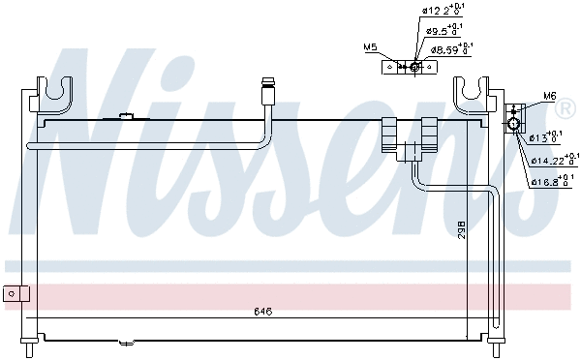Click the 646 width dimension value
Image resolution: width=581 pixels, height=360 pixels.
[x=262, y=312]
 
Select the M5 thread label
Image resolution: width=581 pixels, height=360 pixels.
[x=369, y=46]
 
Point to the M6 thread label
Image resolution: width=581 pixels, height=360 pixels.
[x=550, y=96]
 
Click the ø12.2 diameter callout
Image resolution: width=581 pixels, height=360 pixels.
[x=440, y=12]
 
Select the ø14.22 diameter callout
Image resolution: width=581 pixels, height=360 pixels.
[x=554, y=159]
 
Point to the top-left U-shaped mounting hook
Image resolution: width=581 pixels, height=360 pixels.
[x=59, y=93]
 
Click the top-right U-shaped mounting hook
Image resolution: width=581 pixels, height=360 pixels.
[x=474, y=93]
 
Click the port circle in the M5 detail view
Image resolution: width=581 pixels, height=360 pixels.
[x=413, y=67]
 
